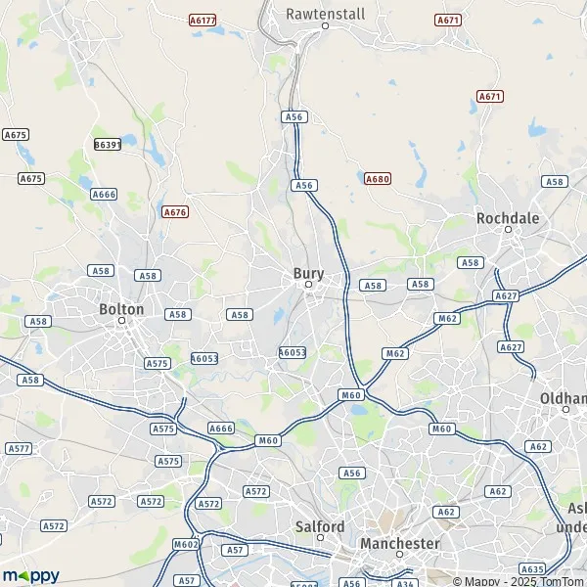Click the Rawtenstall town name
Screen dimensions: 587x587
pyautogui.click(x=325, y=14)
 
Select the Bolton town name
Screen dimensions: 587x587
pyautogui.click(x=121, y=308)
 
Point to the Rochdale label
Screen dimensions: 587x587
pyautogui.click(x=508, y=218)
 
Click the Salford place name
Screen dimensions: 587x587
pyautogui.click(x=320, y=526)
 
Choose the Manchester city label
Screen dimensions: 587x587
pyautogui.click(x=399, y=543)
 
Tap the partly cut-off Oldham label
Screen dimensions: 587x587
pyautogui.click(x=563, y=398)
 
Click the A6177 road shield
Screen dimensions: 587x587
pyautogui.click(x=203, y=20)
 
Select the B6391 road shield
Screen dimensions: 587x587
pyautogui.click(x=107, y=144)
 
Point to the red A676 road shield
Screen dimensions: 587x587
pyautogui.click(x=175, y=211)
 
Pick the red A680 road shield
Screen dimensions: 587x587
pyautogui.click(x=377, y=179)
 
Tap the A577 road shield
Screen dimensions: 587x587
pyautogui.click(x=18, y=448)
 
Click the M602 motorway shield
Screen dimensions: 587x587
pyautogui.click(x=185, y=545)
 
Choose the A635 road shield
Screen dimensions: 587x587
pyautogui.click(x=532, y=568)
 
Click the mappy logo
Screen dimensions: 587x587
pyautogui.click(x=30, y=574)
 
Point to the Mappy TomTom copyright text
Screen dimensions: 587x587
pyautogui.click(x=523, y=580)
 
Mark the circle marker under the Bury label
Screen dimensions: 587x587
pyautogui.click(x=308, y=285)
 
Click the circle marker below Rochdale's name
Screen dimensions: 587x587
pyautogui.click(x=509, y=230)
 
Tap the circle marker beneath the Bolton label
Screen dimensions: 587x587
pyautogui.click(x=122, y=320)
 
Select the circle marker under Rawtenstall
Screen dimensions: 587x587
pyautogui.click(x=326, y=25)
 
